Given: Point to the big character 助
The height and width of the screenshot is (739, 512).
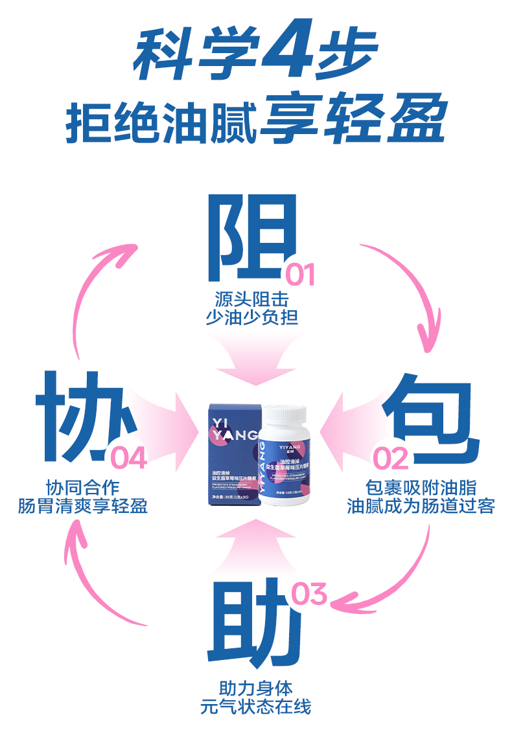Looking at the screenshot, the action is [252, 619].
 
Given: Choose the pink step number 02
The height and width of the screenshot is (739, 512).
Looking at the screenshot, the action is [391, 459].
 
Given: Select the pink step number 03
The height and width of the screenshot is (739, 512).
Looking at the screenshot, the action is [310, 594].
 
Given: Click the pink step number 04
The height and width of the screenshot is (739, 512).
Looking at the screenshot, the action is [129, 458].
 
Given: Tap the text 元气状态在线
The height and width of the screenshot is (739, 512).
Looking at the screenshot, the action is [255, 706].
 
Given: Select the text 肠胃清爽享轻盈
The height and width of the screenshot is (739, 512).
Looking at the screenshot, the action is [83, 506].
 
